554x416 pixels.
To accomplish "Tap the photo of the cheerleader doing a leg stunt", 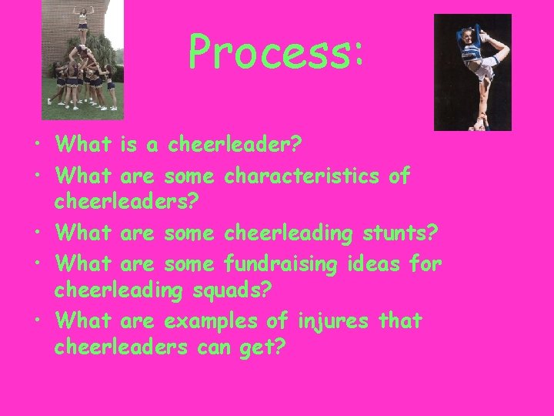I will pyautogui.click(x=472, y=72).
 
